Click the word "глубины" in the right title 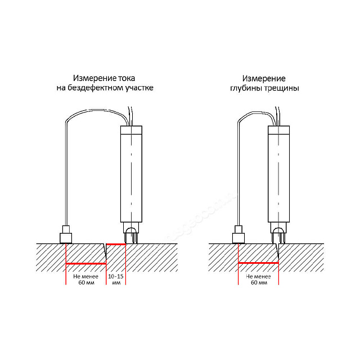tap(246, 88)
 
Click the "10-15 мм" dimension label tap(116, 279)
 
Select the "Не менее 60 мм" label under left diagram tap(86, 279)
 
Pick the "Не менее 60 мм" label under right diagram tap(259, 279)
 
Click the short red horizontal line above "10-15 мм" tap(116, 244)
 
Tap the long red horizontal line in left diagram tap(86, 264)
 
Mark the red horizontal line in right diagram tap(258, 263)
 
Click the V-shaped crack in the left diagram tap(105, 251)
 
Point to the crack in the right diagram tap(277, 251)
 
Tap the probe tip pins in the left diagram tap(131, 238)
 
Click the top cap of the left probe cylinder tap(131, 130)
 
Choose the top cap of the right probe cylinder tap(278, 130)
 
